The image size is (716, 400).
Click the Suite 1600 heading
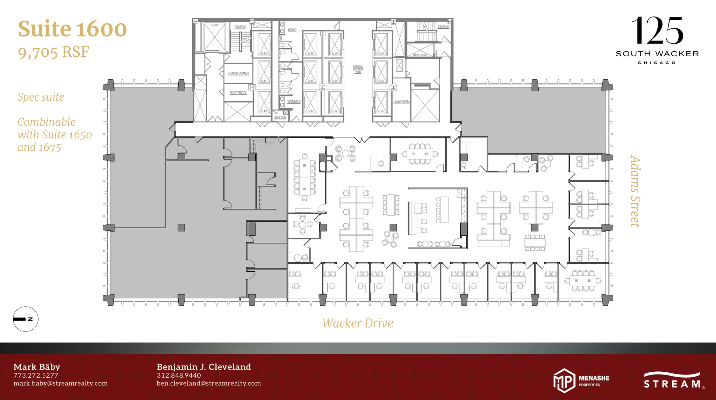(x=72, y=29)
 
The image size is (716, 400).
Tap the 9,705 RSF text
(x=53, y=52)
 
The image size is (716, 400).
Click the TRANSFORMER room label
(x=238, y=73)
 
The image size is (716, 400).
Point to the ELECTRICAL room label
(x=238, y=93)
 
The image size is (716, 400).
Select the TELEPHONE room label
(x=401, y=101)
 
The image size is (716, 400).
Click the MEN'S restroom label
(x=292, y=30)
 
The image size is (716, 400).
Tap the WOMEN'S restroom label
(x=294, y=101)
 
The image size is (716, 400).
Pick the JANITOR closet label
(x=280, y=117)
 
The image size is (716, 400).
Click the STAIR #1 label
(x=240, y=27)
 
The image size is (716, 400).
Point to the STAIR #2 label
(x=443, y=27)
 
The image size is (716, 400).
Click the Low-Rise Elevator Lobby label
(x=358, y=69)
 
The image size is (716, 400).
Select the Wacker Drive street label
(x=358, y=323)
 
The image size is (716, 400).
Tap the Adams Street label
(x=635, y=191)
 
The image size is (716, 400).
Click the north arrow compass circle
(x=26, y=319)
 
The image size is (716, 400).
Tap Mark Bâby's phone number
(x=36, y=375)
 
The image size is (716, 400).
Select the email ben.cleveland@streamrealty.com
(x=209, y=383)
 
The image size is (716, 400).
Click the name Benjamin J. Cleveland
(x=204, y=367)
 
